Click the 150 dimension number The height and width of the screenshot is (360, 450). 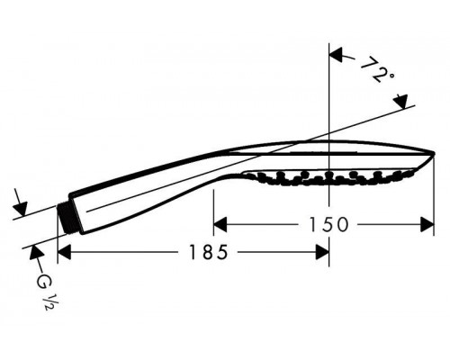(328, 224)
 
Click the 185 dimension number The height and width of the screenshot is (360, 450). (208, 252)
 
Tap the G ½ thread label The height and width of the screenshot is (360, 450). (45, 290)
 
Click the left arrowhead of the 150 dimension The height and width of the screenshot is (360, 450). (220, 225)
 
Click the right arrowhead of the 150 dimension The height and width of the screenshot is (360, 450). (427, 225)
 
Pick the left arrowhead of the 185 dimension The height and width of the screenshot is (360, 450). (64, 252)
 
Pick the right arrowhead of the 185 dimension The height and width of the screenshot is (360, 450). (322, 252)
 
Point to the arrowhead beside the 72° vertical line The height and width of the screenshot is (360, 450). (336, 55)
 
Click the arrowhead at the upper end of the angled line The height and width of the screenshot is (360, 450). (401, 102)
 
